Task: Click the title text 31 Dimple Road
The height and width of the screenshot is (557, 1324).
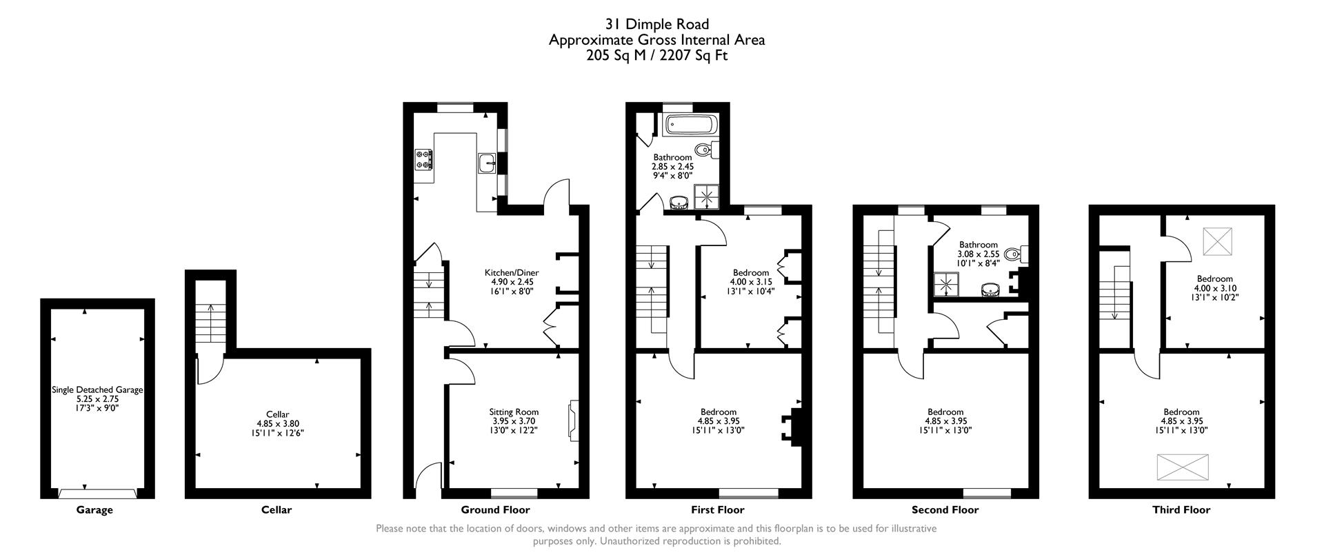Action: tap(656, 26)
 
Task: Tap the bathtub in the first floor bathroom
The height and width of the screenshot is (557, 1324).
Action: tap(690, 126)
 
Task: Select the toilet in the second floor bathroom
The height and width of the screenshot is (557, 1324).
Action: tap(1014, 255)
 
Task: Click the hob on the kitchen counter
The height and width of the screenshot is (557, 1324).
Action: tap(423, 160)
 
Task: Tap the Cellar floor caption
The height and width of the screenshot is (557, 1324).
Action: tap(277, 510)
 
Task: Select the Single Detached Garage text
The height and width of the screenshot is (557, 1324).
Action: tap(97, 389)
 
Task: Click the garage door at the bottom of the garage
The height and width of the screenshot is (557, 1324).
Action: tap(97, 493)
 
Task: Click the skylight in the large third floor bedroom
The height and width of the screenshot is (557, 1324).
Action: tap(1183, 467)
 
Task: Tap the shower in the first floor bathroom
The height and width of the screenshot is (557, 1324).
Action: tap(706, 198)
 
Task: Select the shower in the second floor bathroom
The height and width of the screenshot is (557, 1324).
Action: tap(946, 283)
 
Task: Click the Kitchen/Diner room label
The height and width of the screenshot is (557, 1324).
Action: tap(512, 273)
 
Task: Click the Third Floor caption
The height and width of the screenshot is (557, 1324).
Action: tap(1181, 510)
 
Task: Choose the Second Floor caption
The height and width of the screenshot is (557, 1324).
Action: tap(945, 510)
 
